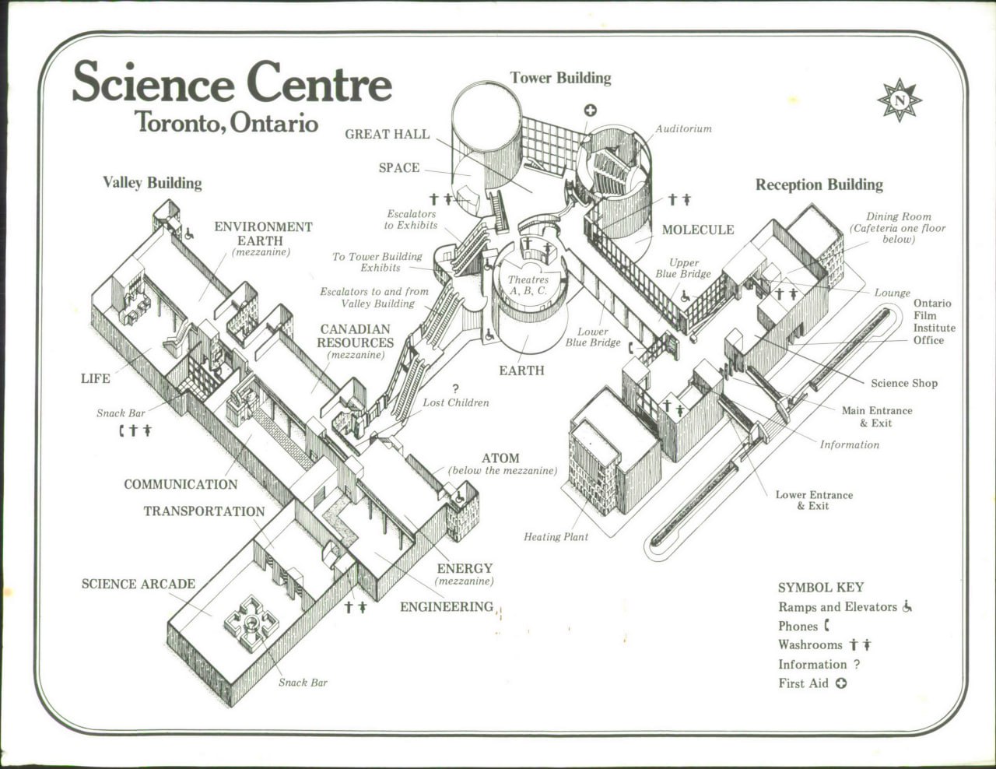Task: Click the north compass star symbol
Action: coord(900,100)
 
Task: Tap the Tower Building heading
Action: coord(560,78)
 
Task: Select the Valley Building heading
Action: coord(153,183)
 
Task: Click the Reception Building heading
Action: coord(819,184)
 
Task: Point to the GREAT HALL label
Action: coord(388,135)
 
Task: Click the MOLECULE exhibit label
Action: coord(698,230)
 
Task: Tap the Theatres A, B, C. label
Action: coord(528,285)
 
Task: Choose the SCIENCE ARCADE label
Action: coord(139,584)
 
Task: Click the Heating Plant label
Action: coord(556,536)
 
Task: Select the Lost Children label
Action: coord(456,403)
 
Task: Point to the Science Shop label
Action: coord(904,383)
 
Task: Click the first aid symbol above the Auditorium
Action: coord(591,110)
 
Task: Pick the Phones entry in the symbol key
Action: coord(804,626)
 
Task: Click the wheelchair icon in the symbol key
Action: coord(907,606)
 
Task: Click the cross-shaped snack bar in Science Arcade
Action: coord(251,623)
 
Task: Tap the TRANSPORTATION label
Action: coord(205,511)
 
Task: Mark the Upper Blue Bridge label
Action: coord(683,268)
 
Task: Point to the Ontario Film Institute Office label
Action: coord(934,321)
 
